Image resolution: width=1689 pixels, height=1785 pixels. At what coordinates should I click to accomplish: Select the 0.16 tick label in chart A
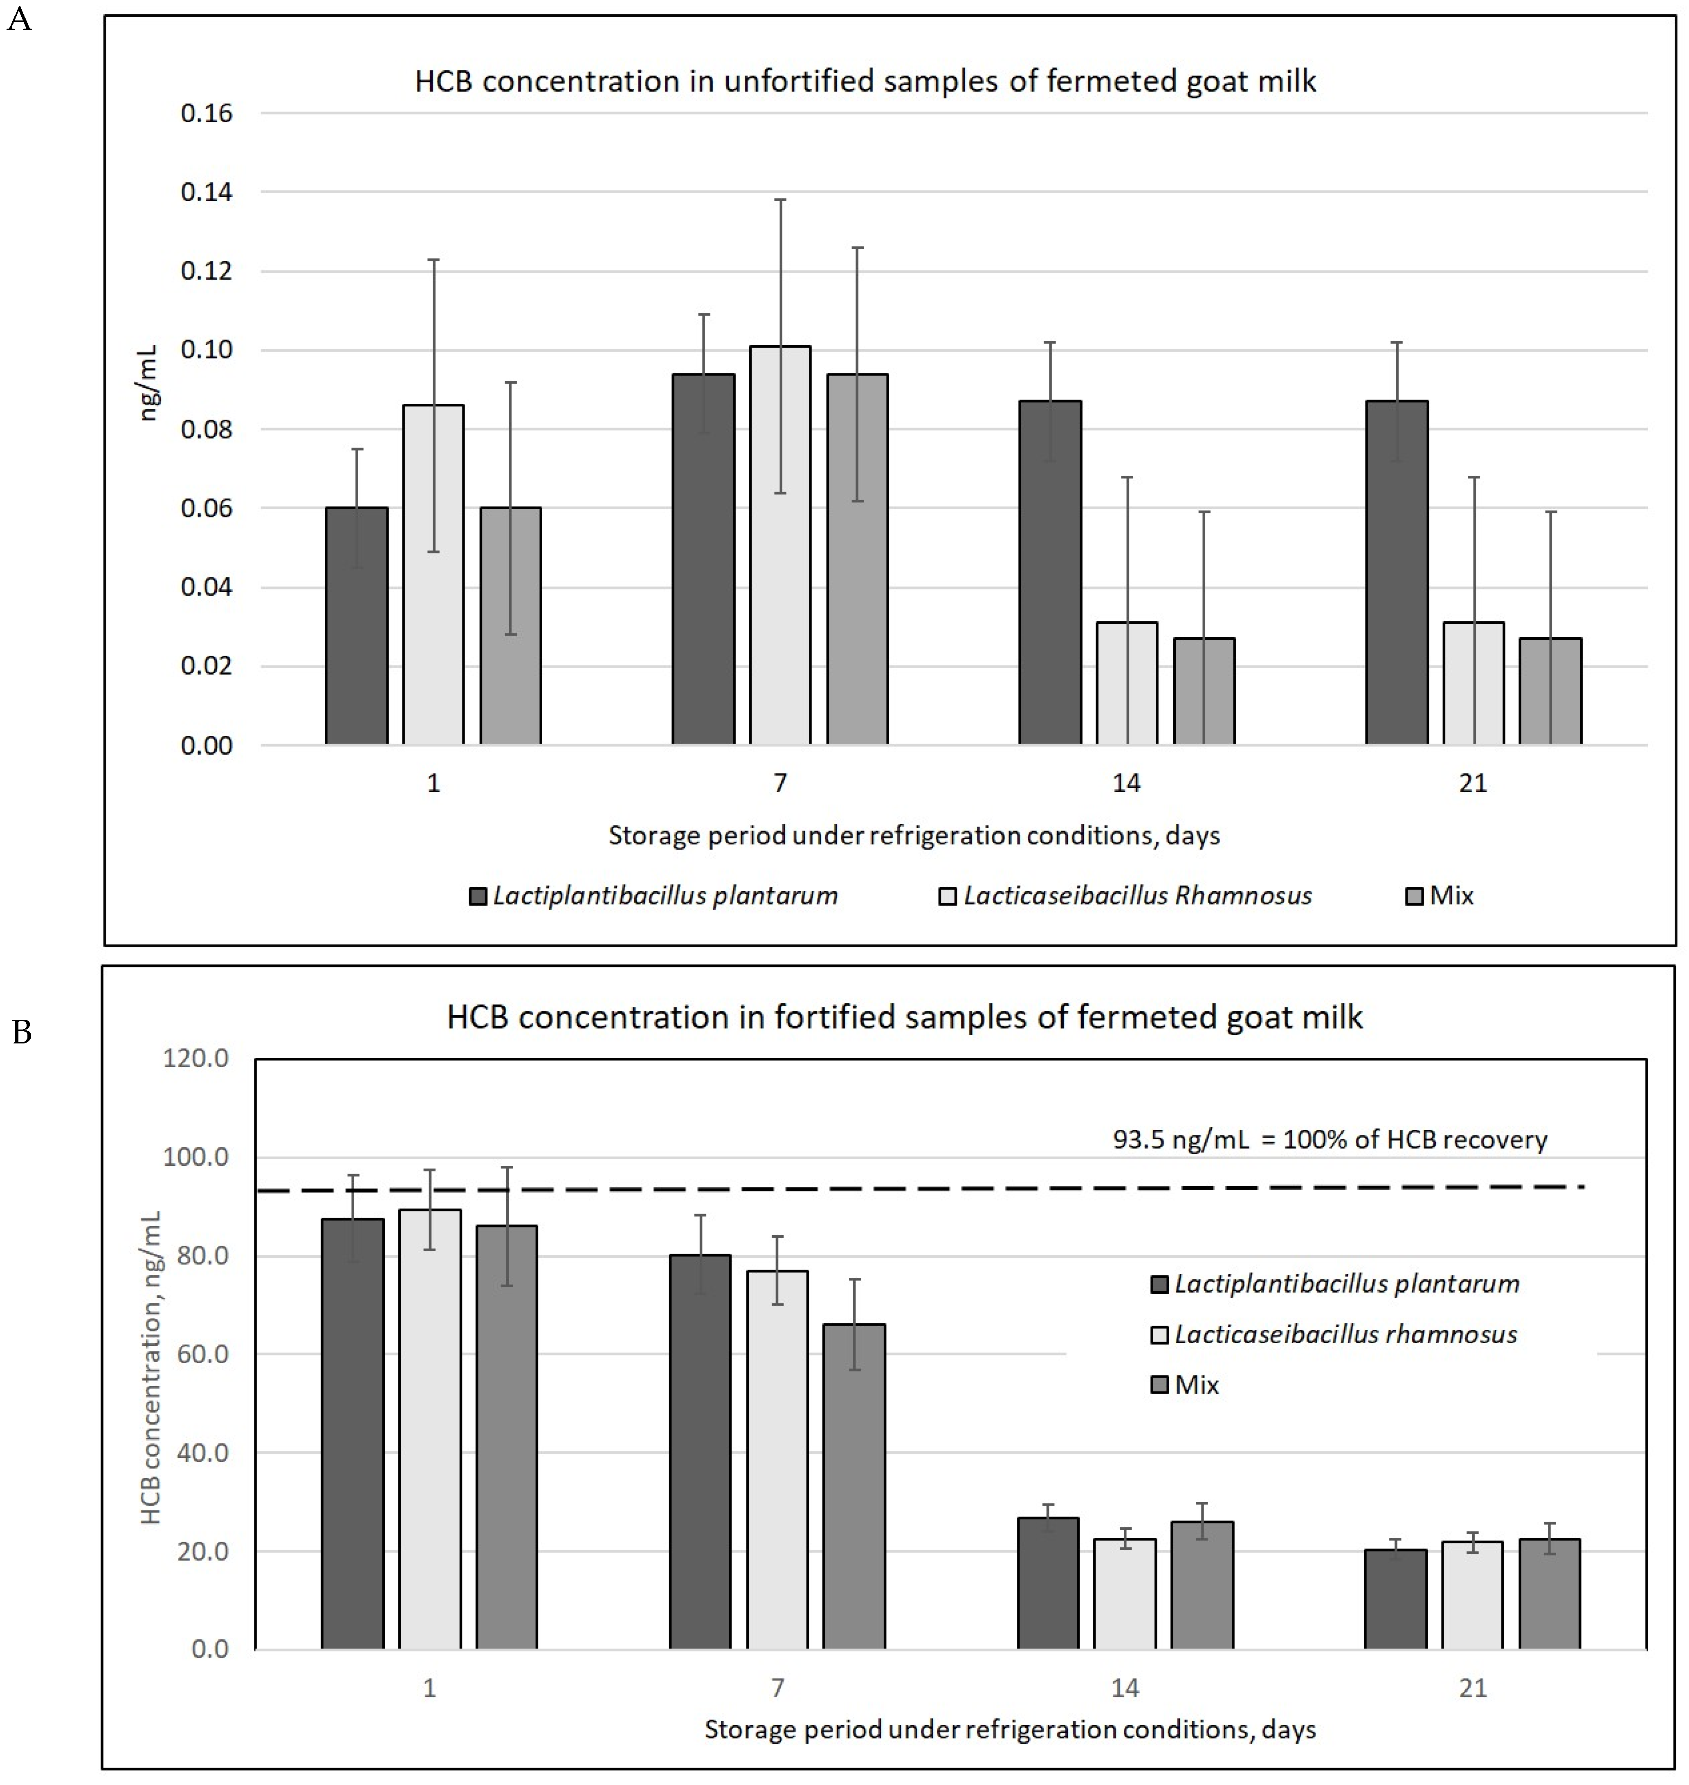click(206, 113)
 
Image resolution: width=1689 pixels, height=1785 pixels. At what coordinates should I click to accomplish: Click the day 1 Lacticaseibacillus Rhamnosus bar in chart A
click(433, 576)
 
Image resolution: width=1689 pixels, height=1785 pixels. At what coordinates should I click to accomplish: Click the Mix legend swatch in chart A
click(1413, 896)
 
